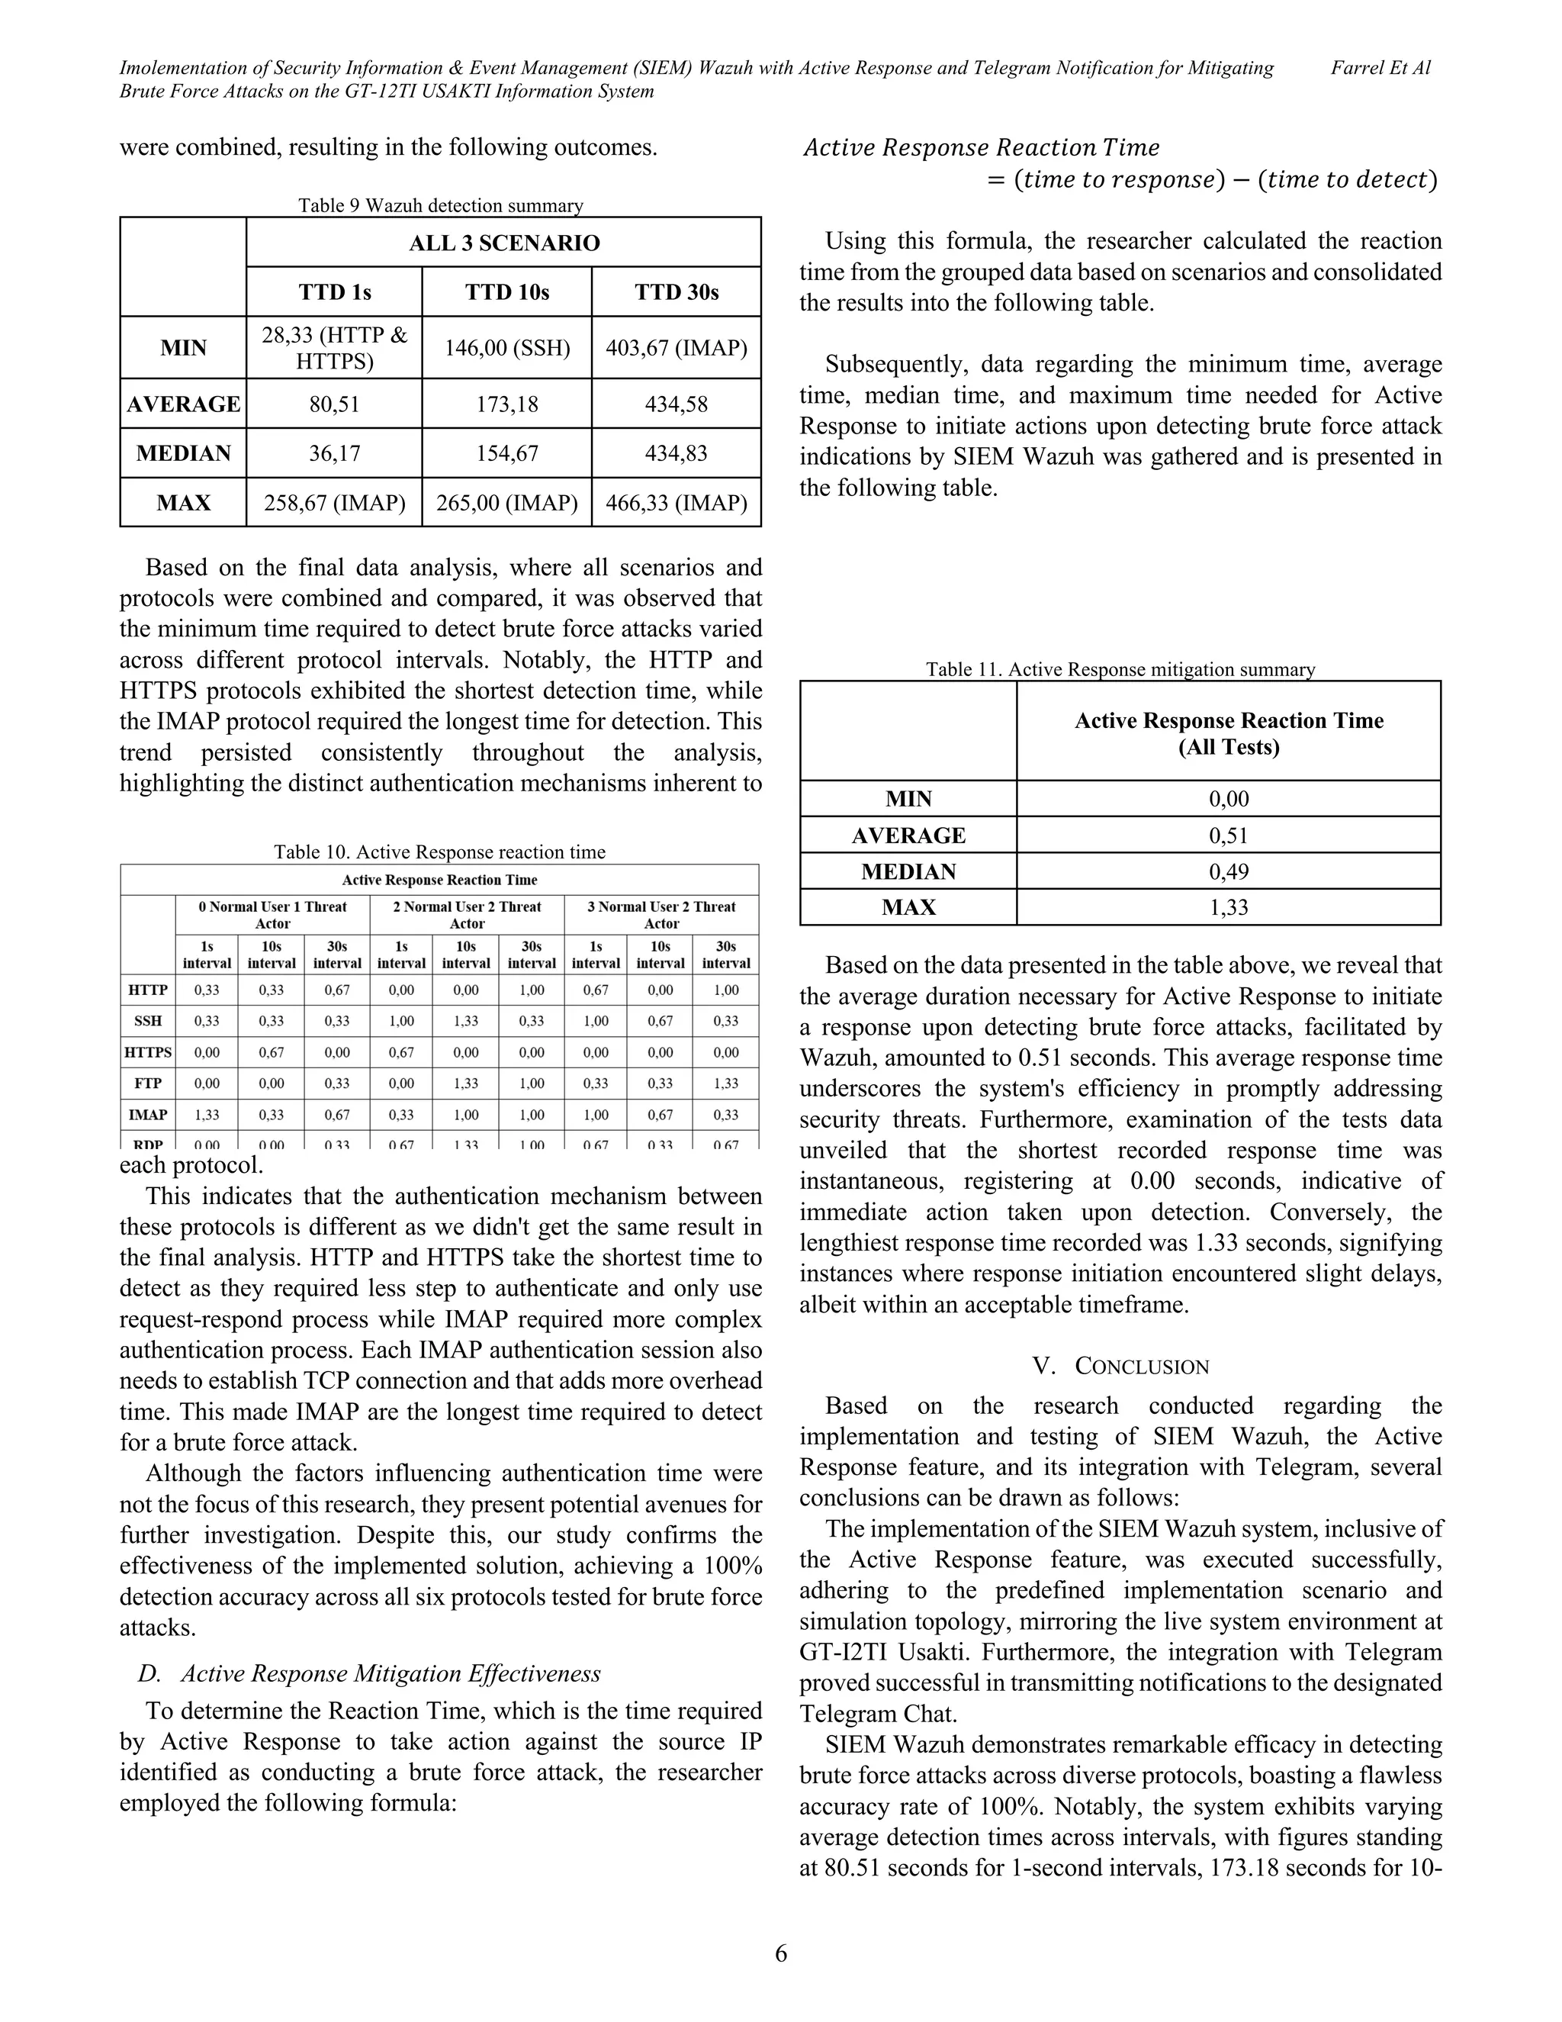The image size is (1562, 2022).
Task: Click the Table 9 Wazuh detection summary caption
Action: pos(441,205)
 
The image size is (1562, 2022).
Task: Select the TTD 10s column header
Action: pos(506,292)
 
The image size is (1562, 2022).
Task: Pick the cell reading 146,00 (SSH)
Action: pos(506,348)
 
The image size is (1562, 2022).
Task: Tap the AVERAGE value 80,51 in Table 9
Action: pos(334,404)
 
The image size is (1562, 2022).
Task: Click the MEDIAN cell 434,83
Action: pos(676,454)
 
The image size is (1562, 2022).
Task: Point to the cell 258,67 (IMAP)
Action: pos(334,504)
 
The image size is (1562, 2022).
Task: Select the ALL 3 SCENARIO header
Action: pos(504,243)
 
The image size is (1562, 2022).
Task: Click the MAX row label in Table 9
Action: pos(183,504)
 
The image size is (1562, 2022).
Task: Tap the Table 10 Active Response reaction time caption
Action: pos(439,852)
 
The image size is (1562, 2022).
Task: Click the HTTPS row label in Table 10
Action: pos(148,1053)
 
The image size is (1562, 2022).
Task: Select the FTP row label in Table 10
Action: pos(148,1083)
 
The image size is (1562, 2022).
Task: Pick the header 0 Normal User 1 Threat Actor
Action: pos(272,915)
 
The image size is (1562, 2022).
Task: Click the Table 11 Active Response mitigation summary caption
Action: pos(1120,669)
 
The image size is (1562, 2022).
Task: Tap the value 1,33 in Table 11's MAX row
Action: pos(1228,908)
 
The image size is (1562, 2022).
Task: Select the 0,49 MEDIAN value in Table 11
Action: pos(1228,872)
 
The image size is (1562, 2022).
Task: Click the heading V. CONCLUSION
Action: pos(1120,1367)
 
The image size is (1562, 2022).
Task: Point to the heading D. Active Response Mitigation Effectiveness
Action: pos(369,1674)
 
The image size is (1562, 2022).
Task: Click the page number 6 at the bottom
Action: pos(781,1953)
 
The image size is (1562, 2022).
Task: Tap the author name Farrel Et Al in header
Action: pos(1380,68)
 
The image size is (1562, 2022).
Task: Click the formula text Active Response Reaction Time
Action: pos(981,148)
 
